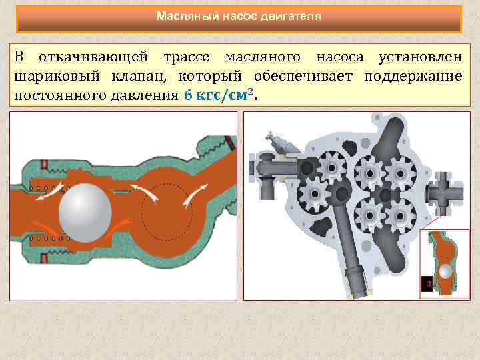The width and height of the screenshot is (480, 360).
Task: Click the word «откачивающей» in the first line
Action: [x=93, y=57]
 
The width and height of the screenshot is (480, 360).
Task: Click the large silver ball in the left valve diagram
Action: [x=85, y=208]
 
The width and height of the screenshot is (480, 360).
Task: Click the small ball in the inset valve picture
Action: [x=445, y=271]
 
